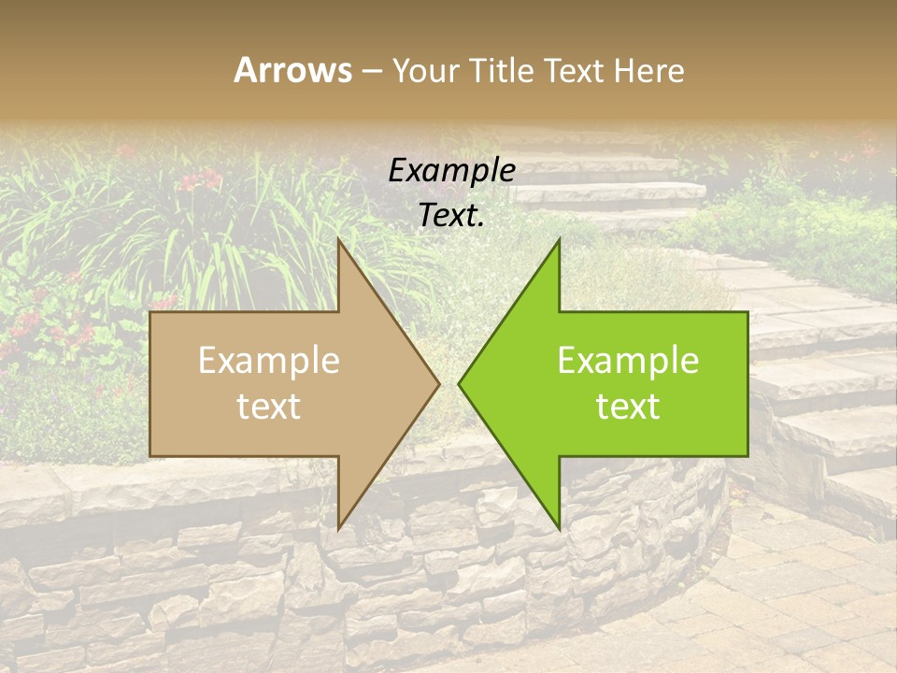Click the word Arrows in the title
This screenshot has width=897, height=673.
pyautogui.click(x=293, y=70)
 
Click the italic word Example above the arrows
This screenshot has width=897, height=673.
pyautogui.click(x=451, y=171)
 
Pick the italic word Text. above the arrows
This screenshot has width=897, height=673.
pyautogui.click(x=451, y=216)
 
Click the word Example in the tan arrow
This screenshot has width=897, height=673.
pyautogui.click(x=269, y=361)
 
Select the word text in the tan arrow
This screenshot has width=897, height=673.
pyautogui.click(x=269, y=407)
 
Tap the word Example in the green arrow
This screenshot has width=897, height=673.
pyautogui.click(x=628, y=361)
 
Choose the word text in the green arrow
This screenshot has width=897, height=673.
pyautogui.click(x=628, y=407)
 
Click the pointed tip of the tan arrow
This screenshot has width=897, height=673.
pyautogui.click(x=439, y=383)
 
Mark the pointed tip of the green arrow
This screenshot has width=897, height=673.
pyautogui.click(x=459, y=383)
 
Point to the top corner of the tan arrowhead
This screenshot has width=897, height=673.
pyautogui.click(x=338, y=239)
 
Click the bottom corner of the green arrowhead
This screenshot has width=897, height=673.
pyautogui.click(x=559, y=528)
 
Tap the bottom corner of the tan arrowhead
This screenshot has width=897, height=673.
pyautogui.click(x=338, y=528)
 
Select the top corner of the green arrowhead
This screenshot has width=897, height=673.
pyautogui.click(x=559, y=239)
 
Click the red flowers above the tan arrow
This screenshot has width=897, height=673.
pyautogui.click(x=201, y=179)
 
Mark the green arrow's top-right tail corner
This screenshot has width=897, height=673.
pyautogui.click(x=747, y=312)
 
